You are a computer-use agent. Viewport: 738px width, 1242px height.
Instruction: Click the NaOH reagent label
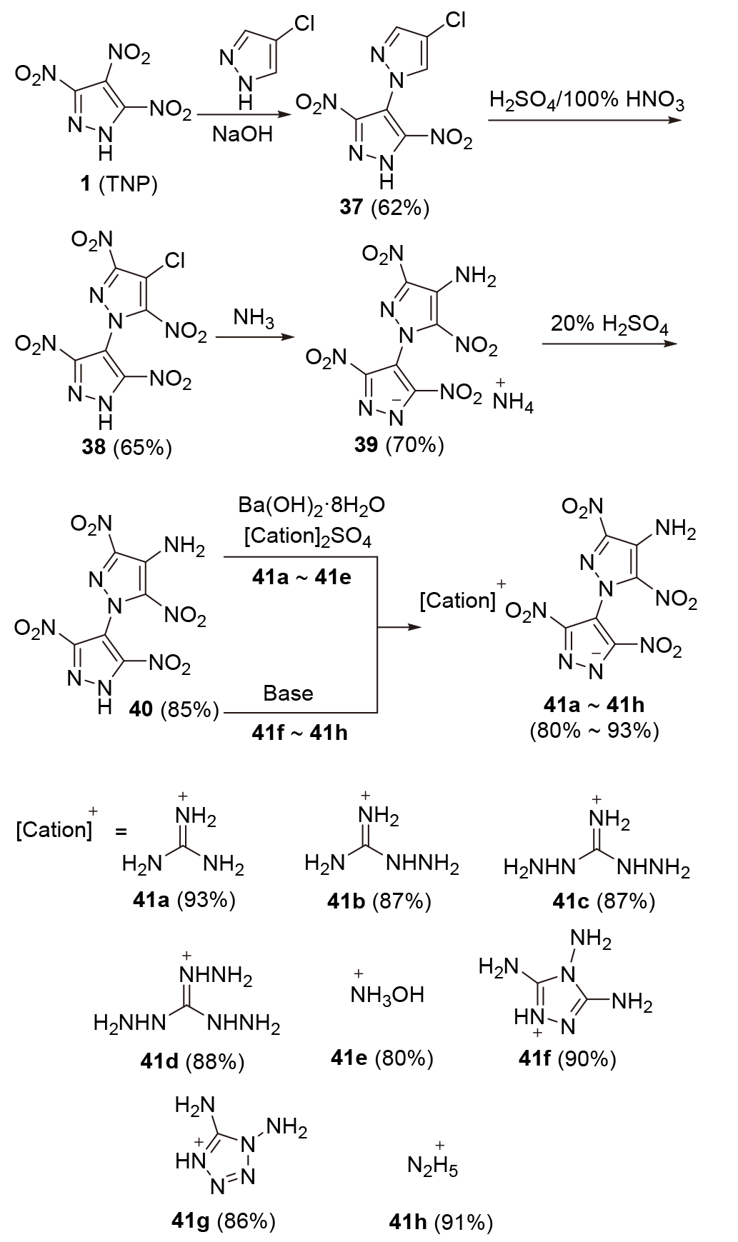[x=242, y=135]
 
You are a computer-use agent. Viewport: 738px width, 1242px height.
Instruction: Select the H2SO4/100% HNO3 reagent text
[x=587, y=101]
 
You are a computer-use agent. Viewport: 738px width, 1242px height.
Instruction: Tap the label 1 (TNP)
[x=118, y=184]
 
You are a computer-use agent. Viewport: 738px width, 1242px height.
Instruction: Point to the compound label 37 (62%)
[x=384, y=208]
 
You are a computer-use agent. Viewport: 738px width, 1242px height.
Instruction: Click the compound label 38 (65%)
[x=126, y=448]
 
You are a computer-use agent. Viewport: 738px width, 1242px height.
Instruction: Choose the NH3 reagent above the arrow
[x=254, y=319]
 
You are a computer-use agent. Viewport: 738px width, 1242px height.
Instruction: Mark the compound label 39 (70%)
[x=399, y=445]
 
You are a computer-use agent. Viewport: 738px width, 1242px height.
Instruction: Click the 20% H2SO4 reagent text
[x=609, y=325]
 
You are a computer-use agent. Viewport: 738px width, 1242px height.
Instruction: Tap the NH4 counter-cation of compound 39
[x=513, y=404]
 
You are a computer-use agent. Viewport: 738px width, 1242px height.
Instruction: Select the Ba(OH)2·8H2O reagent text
[x=311, y=506]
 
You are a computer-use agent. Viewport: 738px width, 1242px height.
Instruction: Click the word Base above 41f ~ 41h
[x=288, y=693]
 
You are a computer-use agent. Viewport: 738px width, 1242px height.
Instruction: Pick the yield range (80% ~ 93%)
[x=594, y=731]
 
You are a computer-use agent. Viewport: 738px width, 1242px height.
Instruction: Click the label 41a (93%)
[x=184, y=900]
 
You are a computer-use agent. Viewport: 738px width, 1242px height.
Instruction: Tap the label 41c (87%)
[x=603, y=901]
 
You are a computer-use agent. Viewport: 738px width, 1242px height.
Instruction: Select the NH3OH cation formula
[x=387, y=995]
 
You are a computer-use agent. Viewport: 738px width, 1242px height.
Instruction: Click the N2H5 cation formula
[x=432, y=1166]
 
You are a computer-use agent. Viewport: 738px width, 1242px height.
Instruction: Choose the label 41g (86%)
[x=224, y=1221]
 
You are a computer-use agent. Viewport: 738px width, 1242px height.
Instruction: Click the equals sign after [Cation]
[x=121, y=833]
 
